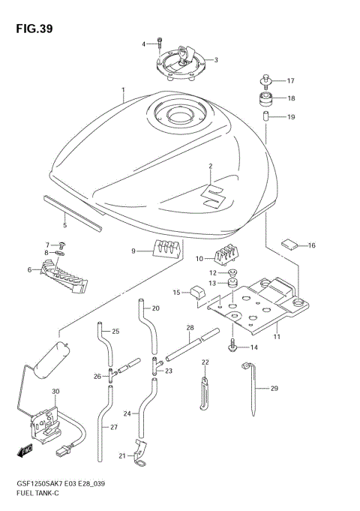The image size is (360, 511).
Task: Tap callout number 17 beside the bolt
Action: [x=291, y=80]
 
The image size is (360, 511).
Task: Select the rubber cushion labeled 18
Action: [x=265, y=98]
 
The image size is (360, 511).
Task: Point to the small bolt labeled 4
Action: [x=160, y=42]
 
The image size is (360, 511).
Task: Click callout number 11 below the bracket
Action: [x=277, y=337]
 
